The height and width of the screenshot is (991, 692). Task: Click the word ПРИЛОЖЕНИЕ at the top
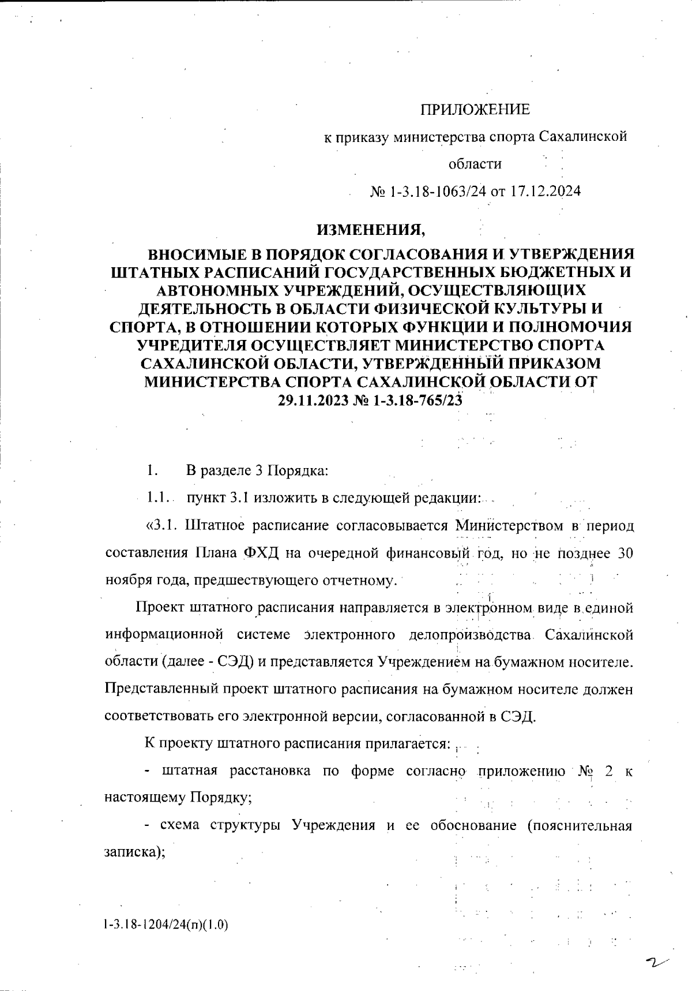pyautogui.click(x=474, y=110)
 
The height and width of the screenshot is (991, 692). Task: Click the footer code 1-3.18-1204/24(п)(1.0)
pyautogui.click(x=166, y=925)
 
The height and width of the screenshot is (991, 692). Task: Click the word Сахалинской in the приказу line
pyautogui.click(x=582, y=137)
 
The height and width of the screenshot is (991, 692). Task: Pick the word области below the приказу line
pyautogui.click(x=475, y=164)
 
